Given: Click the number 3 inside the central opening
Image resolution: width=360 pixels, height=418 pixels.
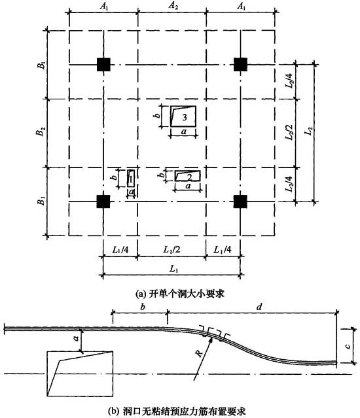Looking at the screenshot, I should tap(186, 117).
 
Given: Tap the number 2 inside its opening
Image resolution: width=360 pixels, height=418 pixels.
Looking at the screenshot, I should tap(189, 177).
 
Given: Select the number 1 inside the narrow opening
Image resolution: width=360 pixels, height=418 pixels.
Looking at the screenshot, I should tap(131, 177).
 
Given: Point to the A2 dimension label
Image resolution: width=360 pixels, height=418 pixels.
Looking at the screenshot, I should tap(172, 5).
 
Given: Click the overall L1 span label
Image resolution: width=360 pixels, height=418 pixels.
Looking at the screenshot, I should tap(171, 269).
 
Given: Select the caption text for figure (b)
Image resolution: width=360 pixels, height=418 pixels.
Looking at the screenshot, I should tap(183, 411).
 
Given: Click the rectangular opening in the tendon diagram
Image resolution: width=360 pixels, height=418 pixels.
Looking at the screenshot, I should tap(78, 372).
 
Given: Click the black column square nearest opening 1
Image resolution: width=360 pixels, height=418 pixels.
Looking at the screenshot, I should tap(103, 200).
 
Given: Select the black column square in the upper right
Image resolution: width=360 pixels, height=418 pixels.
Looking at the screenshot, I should tap(240, 63).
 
